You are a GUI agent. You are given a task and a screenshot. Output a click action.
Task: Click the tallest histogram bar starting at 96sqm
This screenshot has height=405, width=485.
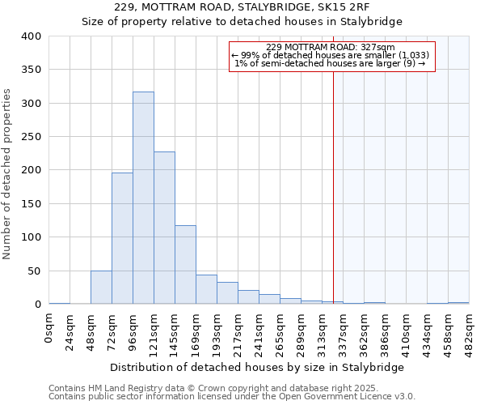[143, 198]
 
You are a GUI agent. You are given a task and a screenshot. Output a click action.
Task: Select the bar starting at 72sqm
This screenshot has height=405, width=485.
[122, 239]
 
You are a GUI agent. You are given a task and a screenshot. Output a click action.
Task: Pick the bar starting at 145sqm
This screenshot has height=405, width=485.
[185, 265]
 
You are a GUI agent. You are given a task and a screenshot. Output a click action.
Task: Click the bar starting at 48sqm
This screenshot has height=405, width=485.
[101, 288]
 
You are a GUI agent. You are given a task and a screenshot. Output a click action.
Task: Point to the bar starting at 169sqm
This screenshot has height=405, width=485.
[206, 290]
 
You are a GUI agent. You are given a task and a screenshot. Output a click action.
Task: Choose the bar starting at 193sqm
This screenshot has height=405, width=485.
[227, 293]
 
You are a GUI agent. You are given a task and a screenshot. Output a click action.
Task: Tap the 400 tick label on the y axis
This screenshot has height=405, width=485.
[31, 36]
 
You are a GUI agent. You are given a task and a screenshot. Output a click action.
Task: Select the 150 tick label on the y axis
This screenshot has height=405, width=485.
[31, 204]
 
